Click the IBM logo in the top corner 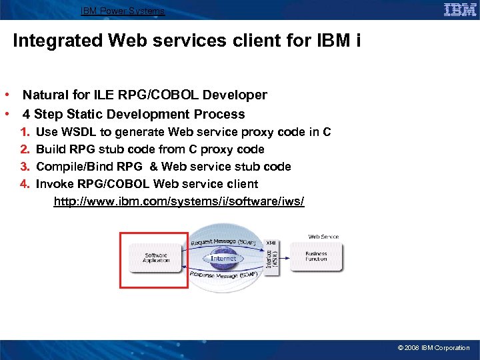coord(460,10)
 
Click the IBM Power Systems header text coord(123,11)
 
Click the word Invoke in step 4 coord(55,184)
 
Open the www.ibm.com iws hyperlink coord(179,201)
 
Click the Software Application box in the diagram coord(156,257)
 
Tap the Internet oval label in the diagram coord(223,258)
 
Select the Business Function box coord(316,257)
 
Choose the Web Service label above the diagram coord(323,237)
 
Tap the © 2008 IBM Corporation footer coord(433,348)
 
